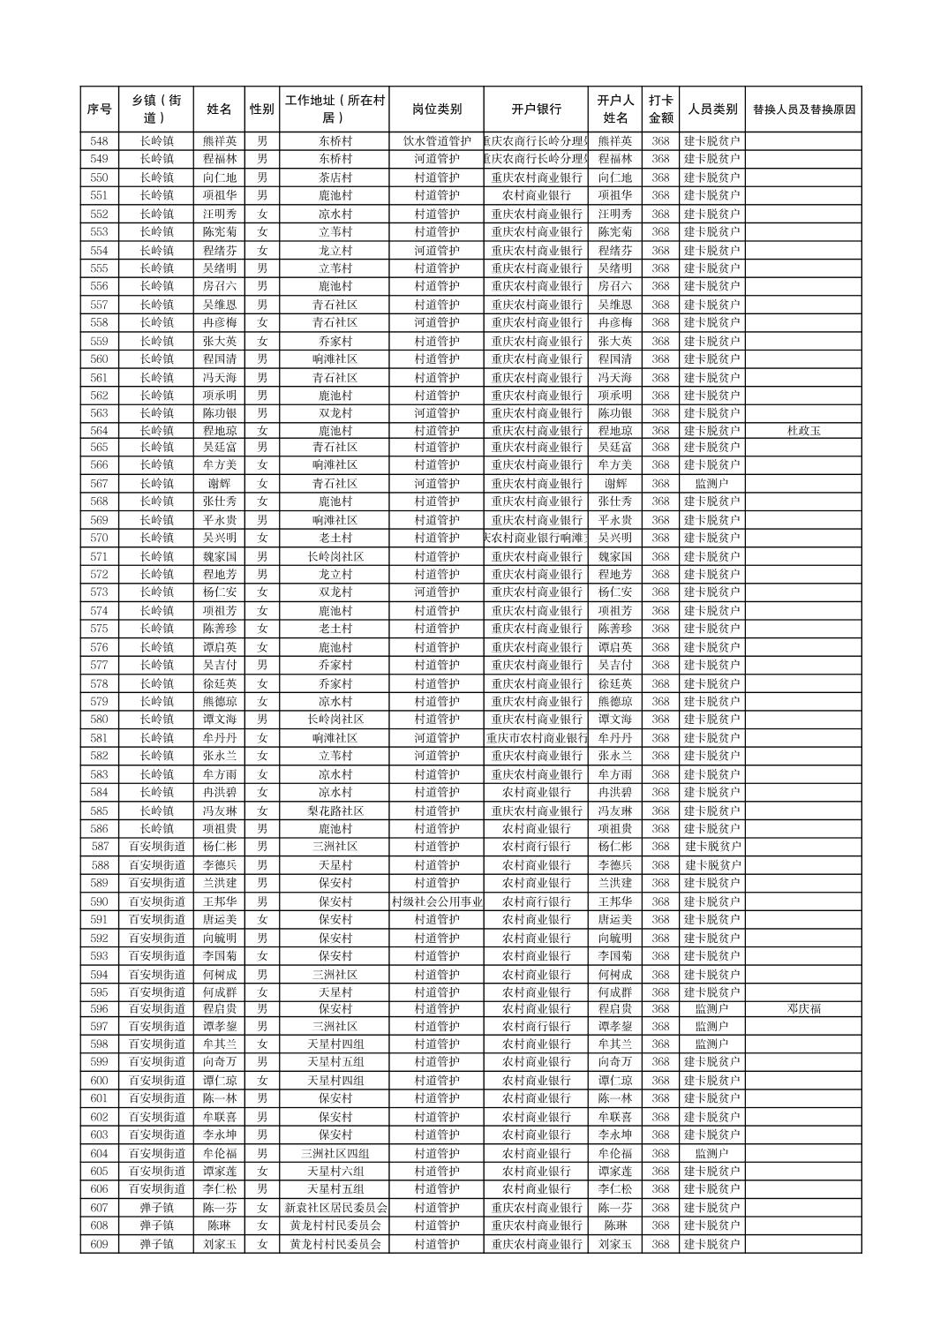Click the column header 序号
click(99, 109)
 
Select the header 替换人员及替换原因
click(803, 109)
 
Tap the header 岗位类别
click(436, 109)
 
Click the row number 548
click(99, 141)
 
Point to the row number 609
click(99, 1244)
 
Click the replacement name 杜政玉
click(803, 431)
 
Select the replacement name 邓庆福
click(803, 1008)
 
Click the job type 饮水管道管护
click(436, 141)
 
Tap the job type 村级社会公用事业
click(436, 901)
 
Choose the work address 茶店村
click(335, 177)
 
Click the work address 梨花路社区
click(335, 810)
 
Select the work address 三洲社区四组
click(335, 1153)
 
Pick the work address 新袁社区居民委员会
click(335, 1208)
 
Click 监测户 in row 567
click(711, 484)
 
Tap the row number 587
click(99, 847)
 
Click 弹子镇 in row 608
click(156, 1225)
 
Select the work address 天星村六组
click(335, 1171)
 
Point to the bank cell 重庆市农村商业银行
click(536, 738)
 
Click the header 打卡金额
click(660, 109)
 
